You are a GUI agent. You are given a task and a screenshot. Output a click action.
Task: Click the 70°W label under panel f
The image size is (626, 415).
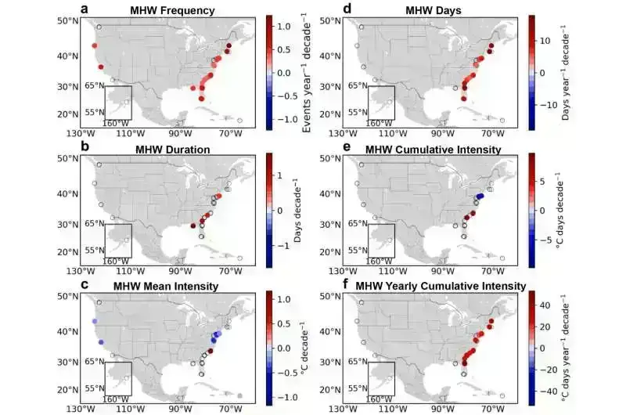[x=492, y=408]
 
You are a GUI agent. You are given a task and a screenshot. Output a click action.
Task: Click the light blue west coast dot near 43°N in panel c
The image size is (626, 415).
[x=94, y=322]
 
